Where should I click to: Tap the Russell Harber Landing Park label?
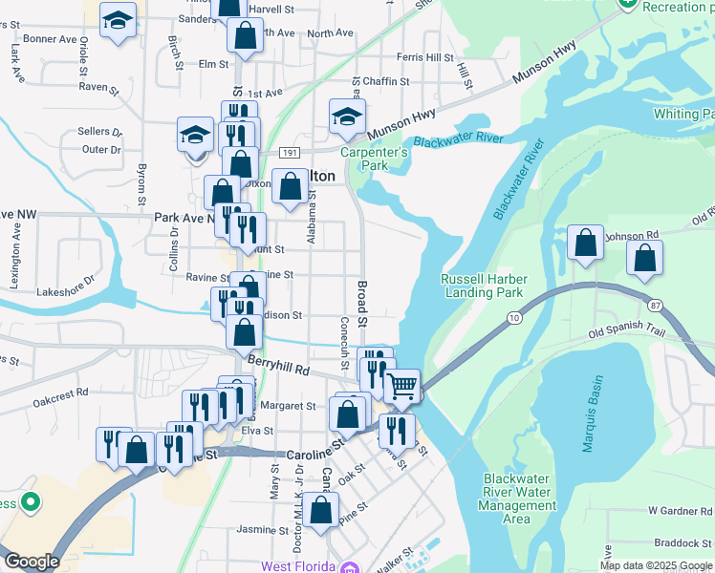[x=482, y=286]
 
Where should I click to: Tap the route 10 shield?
[x=514, y=317]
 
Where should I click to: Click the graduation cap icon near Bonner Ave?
[x=118, y=20]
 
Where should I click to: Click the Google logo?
[x=32, y=562]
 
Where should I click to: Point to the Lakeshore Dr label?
[x=66, y=291]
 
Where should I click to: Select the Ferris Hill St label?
[x=424, y=58]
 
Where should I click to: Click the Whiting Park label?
[x=682, y=114]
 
